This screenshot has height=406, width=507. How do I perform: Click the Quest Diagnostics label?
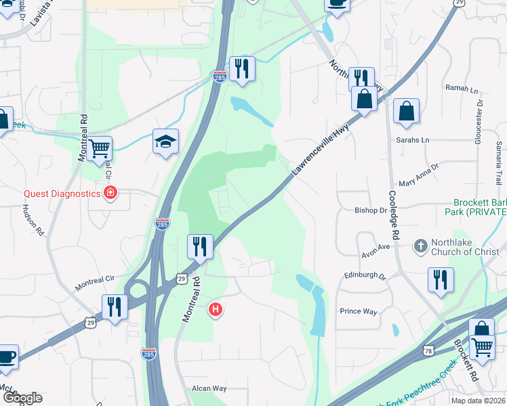pos(62,194)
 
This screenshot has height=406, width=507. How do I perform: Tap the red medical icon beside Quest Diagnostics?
pos(110,194)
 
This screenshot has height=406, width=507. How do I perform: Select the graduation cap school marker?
pos(165,141)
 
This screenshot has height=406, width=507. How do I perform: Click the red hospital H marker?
pos(216,311)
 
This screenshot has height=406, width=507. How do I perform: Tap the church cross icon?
pos(420,246)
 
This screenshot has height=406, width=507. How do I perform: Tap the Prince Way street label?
pos(358,311)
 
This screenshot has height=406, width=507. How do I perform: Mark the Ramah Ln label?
pos(461,89)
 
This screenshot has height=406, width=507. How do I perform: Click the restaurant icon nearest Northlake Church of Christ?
pos(441,279)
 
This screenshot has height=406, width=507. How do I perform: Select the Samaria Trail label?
pos(499,163)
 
